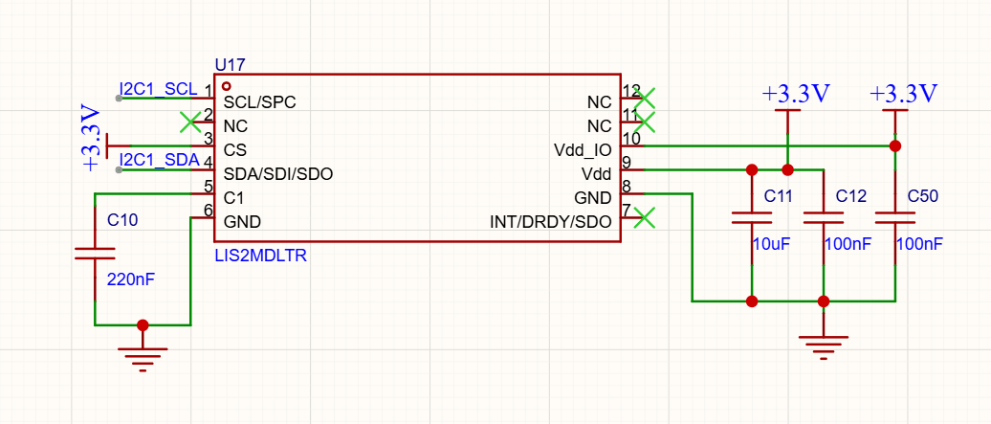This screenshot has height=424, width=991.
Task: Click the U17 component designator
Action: [x=230, y=64]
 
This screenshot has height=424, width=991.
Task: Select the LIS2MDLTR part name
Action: [x=261, y=256]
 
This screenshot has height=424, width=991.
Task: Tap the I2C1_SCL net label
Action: [x=159, y=89]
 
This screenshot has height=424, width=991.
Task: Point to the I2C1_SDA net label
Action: [x=160, y=160]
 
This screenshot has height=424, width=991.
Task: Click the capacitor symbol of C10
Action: [x=95, y=254]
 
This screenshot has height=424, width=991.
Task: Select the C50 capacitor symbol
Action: [x=895, y=218]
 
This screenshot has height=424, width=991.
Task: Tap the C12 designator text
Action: [x=850, y=196]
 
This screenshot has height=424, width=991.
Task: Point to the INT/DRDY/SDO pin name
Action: [x=550, y=222]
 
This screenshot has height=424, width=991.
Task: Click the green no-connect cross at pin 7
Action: [x=645, y=217]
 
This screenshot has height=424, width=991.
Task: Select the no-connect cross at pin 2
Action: [x=190, y=123]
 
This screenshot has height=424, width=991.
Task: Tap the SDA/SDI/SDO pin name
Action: [x=278, y=174]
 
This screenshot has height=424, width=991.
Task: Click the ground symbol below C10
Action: [x=143, y=359]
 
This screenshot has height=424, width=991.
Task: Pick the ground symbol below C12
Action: [x=823, y=347]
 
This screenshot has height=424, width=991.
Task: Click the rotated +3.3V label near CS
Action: [x=91, y=139]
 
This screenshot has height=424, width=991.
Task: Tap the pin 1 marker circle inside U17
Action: [x=227, y=85]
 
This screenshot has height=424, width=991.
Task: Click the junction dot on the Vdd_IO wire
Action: [x=895, y=146]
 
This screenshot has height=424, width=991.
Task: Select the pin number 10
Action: [x=631, y=138]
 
